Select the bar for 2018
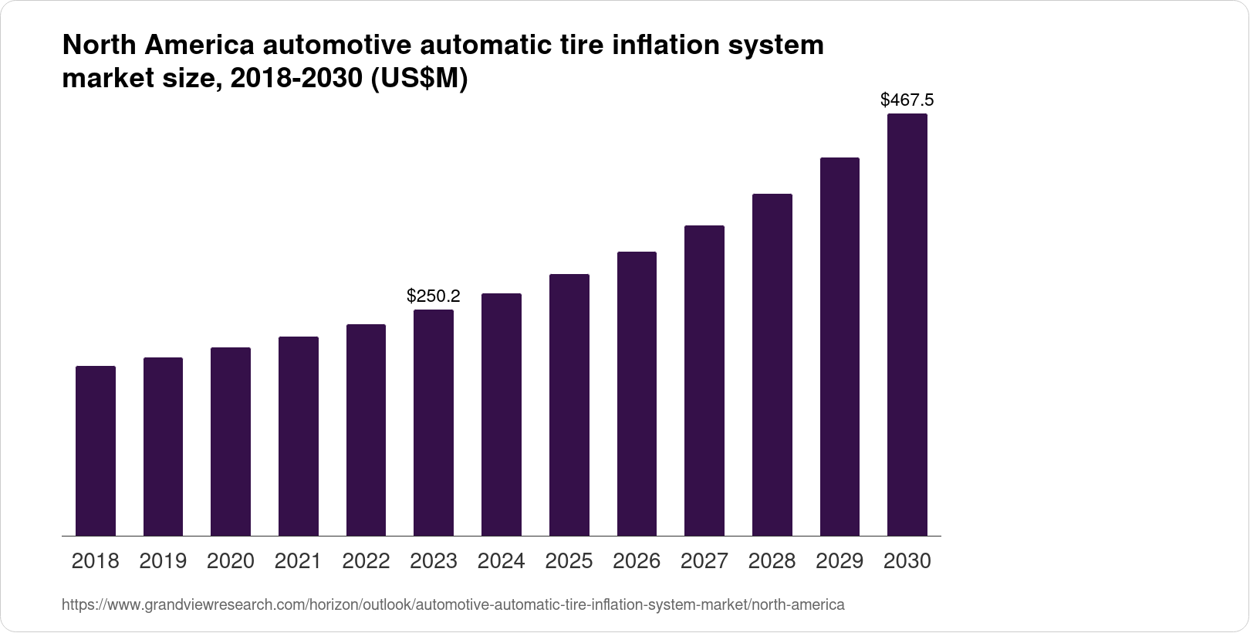point(96,451)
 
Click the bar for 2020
point(231,442)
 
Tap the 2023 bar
point(434,422)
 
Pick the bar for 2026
point(637,394)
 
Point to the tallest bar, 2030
point(907,324)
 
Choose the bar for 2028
point(772,364)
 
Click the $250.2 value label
point(434,296)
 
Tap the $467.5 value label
point(907,100)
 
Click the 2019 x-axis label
point(163,561)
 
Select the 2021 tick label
point(299,561)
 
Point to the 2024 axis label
point(502,561)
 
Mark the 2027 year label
point(704,561)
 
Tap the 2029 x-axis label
point(840,561)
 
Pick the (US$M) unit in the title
point(421,80)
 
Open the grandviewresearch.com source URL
point(453,604)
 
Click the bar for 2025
point(569,405)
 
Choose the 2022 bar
point(366,430)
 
